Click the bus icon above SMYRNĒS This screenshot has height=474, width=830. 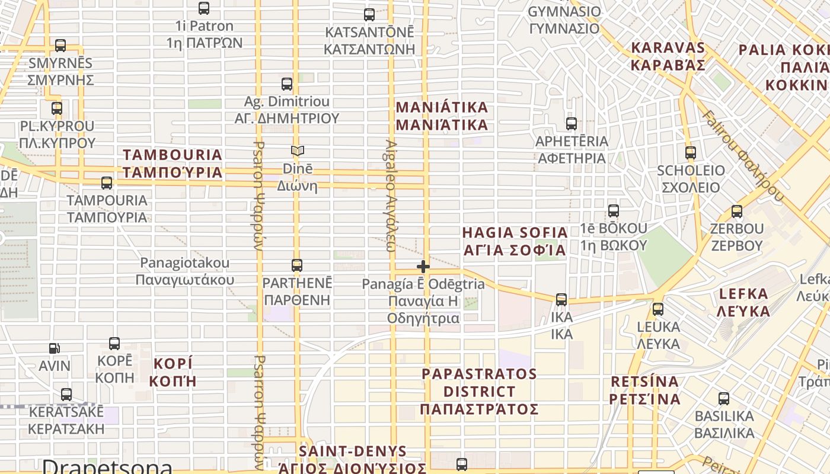[x=60, y=46]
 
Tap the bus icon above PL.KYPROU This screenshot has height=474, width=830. [x=57, y=108]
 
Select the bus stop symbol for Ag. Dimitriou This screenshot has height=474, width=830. [x=287, y=84]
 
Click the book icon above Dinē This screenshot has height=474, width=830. [x=297, y=151]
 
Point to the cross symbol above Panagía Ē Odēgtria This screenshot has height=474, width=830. [x=423, y=267]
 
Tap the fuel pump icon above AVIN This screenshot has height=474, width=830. [x=55, y=348]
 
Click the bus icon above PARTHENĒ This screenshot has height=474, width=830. [x=297, y=265]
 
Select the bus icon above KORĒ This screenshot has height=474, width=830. [x=114, y=344]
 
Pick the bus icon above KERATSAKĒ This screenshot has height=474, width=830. [x=66, y=395]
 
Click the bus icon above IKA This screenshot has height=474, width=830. [x=561, y=300]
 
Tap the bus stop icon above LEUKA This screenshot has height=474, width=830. [x=658, y=309]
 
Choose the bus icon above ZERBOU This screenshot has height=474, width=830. [x=737, y=212]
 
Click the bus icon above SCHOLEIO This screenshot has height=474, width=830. [x=691, y=153]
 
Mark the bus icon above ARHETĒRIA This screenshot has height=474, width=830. [x=572, y=124]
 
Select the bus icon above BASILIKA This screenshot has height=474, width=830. [x=724, y=399]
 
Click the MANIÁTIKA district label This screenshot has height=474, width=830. [x=442, y=116]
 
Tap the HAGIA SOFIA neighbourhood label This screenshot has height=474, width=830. [x=515, y=241]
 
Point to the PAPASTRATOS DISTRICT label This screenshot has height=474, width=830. [x=479, y=392]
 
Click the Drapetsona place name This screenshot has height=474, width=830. [x=107, y=466]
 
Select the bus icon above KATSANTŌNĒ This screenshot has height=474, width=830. [x=369, y=15]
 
